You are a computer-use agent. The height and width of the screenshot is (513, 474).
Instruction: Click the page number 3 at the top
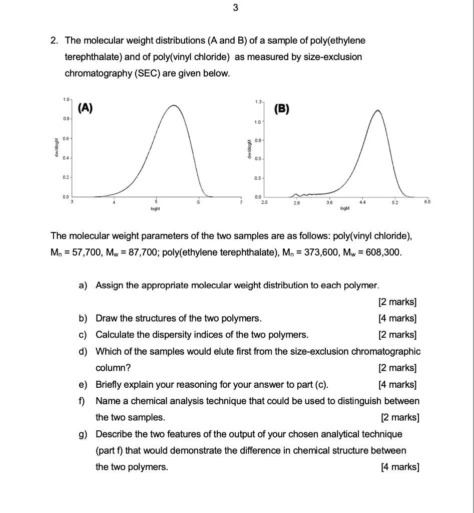click(236, 8)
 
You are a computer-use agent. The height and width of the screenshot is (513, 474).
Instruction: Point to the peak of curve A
click(174, 105)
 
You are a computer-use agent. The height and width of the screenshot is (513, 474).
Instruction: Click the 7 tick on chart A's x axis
click(241, 202)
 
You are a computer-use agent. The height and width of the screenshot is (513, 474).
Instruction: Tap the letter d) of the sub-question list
click(83, 351)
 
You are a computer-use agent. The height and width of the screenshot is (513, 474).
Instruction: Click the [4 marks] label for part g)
click(399, 467)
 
